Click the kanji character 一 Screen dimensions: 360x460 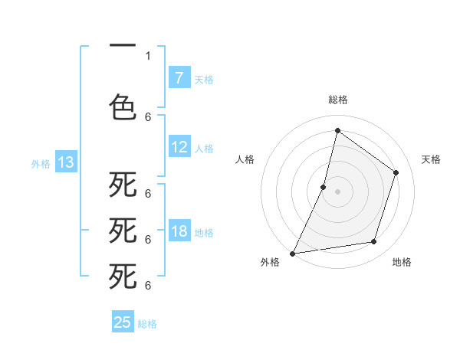point(123,47)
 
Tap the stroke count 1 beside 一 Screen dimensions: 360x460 point(148,55)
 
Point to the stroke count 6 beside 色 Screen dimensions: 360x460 point(148,116)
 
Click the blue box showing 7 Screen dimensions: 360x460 point(179,77)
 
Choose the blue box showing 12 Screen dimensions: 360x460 point(179,148)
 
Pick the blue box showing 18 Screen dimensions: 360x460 point(179,232)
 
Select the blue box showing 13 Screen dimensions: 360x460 point(66,162)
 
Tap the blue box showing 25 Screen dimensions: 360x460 point(123,322)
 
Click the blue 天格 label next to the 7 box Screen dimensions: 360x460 point(204,79)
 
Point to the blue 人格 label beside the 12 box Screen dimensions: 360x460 point(204,149)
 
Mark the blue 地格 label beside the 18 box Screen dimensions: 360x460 point(204,233)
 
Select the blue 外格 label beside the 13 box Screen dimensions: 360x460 point(41,163)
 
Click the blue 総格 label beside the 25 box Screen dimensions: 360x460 point(147,323)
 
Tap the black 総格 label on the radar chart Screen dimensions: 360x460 point(338,100)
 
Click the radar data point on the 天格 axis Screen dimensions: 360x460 point(396,172)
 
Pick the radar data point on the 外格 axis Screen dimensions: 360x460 point(292,254)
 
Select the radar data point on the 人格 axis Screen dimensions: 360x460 point(324,187)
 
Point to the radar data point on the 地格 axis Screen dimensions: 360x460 point(374,242)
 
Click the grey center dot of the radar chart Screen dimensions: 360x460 point(337,191)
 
